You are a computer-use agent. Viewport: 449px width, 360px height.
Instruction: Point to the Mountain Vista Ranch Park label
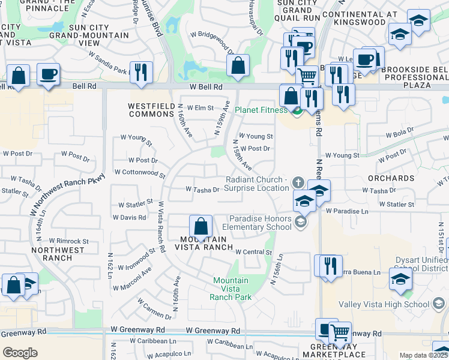pyautogui.click(x=231, y=289)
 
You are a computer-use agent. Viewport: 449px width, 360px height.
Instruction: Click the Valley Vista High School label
pyautogui.click(x=391, y=305)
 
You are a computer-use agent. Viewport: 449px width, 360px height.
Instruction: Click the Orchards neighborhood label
pyautogui.click(x=392, y=178)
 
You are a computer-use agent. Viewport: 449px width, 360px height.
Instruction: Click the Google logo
pyautogui.click(x=20, y=353)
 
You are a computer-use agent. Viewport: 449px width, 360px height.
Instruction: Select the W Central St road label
pyautogui.click(x=254, y=252)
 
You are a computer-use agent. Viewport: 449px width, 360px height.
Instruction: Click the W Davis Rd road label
pyautogui.click(x=129, y=217)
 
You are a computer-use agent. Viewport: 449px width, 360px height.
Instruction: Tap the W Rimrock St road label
pyautogui.click(x=69, y=241)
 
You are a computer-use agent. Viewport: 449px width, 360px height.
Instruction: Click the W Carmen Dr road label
pyautogui.click(x=154, y=308)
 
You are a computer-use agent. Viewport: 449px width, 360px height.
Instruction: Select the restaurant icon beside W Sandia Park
pyautogui.click(x=141, y=72)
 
